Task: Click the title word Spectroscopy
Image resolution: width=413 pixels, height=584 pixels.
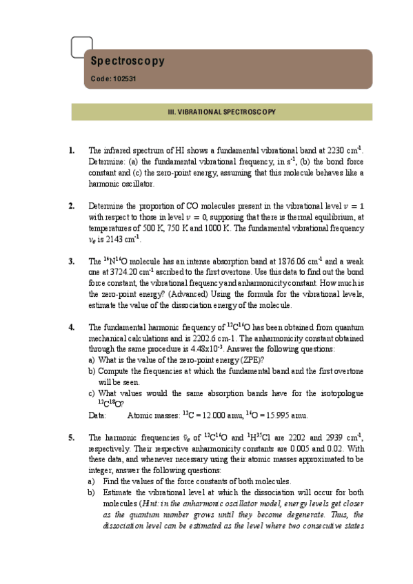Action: [x=128, y=61]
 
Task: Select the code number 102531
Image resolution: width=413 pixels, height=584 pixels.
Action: [x=124, y=79]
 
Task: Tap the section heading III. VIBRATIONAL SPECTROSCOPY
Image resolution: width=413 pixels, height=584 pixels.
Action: [x=222, y=112]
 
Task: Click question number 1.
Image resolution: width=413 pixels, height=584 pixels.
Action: [x=72, y=150]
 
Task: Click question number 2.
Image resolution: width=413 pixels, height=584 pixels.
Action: [x=72, y=205]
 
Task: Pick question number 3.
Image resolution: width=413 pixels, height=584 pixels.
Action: [x=72, y=261]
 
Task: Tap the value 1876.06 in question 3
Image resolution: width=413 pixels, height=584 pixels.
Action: [x=289, y=261]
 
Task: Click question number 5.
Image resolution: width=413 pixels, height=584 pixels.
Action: [x=72, y=437]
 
